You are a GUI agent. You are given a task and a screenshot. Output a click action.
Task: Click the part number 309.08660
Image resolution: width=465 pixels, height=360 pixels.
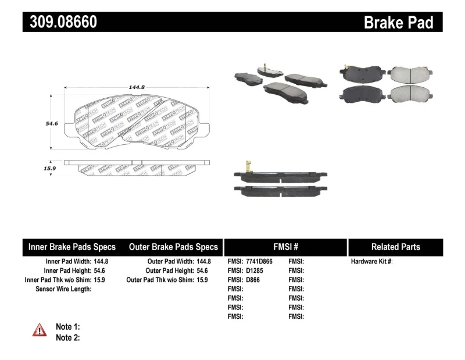click(60, 22)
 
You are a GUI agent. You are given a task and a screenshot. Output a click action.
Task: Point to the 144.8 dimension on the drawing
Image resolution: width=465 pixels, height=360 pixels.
click(137, 87)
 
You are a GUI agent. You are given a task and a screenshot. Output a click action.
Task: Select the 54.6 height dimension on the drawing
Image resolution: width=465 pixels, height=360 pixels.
click(52, 124)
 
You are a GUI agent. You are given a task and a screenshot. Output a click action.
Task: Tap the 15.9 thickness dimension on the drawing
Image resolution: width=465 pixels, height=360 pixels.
click(50, 169)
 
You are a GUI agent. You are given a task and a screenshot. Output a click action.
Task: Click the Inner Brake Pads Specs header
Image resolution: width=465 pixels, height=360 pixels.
click(72, 247)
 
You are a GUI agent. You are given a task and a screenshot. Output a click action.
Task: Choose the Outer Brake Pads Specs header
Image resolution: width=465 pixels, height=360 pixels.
click(173, 247)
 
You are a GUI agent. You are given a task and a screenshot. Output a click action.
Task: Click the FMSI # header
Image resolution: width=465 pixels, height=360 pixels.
click(285, 247)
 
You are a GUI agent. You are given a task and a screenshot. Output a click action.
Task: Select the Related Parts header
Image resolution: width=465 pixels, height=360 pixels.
click(395, 247)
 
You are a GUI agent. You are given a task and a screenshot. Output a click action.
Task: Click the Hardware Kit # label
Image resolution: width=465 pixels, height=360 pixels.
click(371, 262)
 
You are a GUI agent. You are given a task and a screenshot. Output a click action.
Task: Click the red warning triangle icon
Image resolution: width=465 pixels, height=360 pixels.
click(40, 330)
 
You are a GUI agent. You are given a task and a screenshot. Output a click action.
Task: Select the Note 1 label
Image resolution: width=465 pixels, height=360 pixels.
click(67, 327)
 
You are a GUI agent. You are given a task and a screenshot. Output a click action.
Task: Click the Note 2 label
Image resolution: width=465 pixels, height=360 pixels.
click(67, 337)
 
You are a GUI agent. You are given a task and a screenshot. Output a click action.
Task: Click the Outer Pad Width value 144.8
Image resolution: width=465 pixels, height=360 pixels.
click(204, 262)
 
